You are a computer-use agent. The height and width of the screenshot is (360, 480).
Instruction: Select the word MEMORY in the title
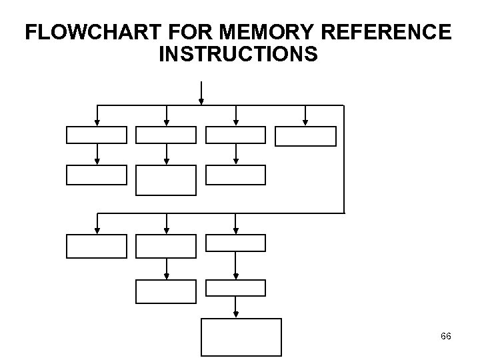coord(256,32)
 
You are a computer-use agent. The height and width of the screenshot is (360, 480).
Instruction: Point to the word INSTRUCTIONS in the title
coord(239,55)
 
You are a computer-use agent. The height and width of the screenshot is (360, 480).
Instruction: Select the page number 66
coord(445,337)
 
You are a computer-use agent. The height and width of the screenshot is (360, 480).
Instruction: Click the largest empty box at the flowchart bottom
coord(241,338)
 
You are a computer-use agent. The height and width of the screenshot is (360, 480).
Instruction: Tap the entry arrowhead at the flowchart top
coord(201,101)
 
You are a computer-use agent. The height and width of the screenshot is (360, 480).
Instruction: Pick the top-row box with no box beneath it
coord(306,135)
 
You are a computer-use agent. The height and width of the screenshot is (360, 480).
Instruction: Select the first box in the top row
coord(96,135)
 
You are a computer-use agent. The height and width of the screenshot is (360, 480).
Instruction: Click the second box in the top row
coord(166,135)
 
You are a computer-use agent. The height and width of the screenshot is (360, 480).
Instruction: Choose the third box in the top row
coord(235,135)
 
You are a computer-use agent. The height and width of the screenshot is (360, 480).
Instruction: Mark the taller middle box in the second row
coord(166,180)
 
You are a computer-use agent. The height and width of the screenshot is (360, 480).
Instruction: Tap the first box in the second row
coord(96,175)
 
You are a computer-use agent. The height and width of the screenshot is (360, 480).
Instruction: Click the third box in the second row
coord(235,175)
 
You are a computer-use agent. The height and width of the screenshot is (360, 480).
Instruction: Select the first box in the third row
coord(96,246)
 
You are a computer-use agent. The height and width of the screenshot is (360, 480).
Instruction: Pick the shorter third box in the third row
coord(235,243)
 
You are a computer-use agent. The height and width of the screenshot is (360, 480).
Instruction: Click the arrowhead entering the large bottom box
coord(235,315)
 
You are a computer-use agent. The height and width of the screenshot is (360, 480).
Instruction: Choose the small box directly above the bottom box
coord(235,288)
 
